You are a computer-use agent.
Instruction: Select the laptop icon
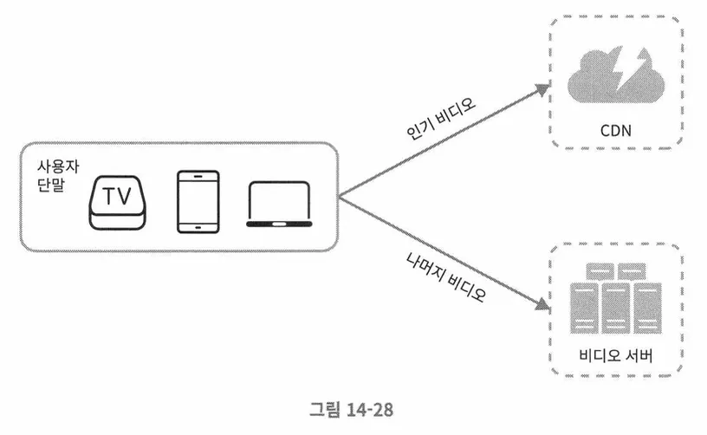[277, 205]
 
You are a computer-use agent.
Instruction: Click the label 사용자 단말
[51, 176]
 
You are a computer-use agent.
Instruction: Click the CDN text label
[616, 132]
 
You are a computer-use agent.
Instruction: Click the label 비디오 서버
[616, 356]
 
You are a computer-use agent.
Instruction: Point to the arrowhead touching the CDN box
[544, 88]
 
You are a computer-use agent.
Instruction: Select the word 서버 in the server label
[637, 356]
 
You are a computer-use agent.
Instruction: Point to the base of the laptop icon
[277, 224]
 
